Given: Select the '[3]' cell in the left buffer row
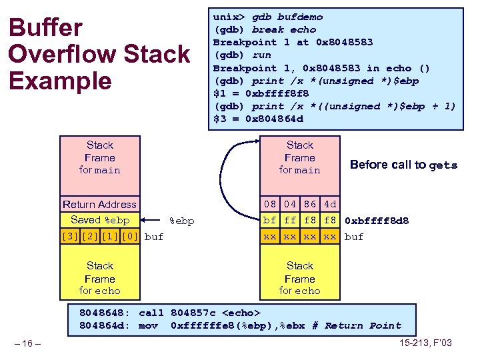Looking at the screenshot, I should click(69, 236).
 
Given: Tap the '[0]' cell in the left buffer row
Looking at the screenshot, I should click(130, 236).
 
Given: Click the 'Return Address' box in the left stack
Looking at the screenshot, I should click(99, 205).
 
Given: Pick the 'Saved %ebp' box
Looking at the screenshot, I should click(99, 220).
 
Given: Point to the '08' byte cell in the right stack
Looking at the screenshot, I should click(269, 205).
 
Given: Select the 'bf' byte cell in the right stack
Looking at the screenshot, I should click(269, 220).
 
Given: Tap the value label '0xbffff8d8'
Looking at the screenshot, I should click(377, 221).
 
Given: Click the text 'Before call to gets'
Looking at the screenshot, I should click(403, 165).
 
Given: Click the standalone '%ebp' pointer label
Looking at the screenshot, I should click(182, 221).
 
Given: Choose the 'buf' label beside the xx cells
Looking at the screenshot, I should click(354, 237).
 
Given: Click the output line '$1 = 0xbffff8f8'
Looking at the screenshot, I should click(261, 93).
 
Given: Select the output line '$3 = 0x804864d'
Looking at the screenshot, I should click(258, 119).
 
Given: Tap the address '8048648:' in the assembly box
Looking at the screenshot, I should click(105, 313).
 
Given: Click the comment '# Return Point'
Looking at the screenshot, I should click(363, 325).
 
